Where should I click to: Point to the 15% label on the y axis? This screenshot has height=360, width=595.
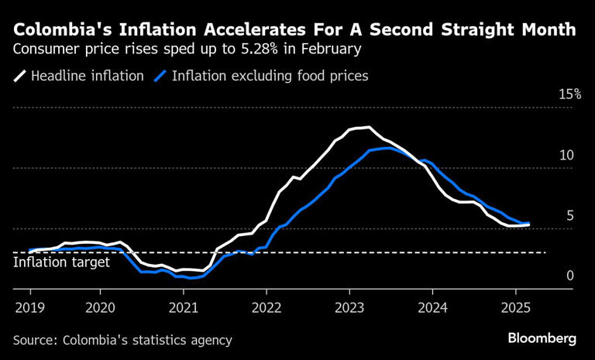(x=569, y=94)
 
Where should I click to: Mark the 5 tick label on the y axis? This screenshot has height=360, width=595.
(x=569, y=215)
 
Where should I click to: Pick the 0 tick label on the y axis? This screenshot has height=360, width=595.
(x=569, y=276)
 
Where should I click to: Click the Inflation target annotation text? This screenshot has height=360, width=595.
(x=62, y=262)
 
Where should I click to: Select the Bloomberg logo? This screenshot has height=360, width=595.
(x=542, y=338)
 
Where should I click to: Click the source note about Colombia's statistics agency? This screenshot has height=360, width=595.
(x=122, y=340)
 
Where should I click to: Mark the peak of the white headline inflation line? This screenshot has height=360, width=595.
(x=368, y=127)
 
